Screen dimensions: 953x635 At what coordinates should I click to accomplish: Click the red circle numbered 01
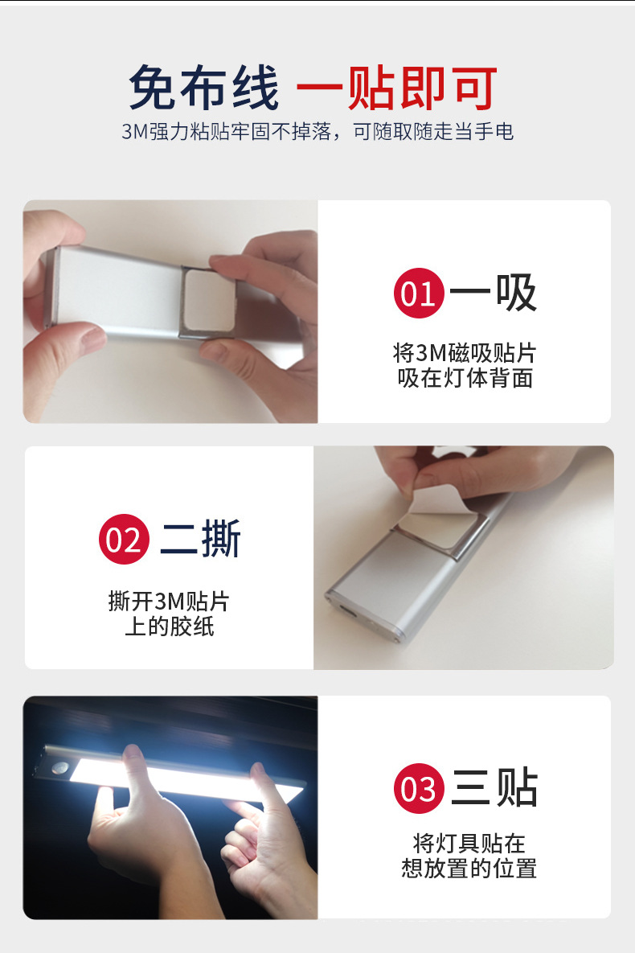pyautogui.click(x=418, y=294)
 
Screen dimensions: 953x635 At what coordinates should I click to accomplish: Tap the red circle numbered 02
pyautogui.click(x=124, y=540)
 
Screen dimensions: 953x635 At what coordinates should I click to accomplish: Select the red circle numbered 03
pyautogui.click(x=419, y=789)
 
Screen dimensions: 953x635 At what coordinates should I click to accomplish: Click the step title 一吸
pyautogui.click(x=493, y=293)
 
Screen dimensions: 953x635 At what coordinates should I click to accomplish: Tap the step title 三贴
pyautogui.click(x=494, y=787)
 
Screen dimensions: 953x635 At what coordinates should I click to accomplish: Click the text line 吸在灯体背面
pyautogui.click(x=465, y=377)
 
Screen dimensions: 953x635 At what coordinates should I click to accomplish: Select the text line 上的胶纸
pyautogui.click(x=170, y=626)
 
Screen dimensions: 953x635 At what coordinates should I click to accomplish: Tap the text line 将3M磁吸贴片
pyautogui.click(x=465, y=352)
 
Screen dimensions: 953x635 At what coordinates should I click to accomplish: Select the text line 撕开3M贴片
pyautogui.click(x=169, y=602)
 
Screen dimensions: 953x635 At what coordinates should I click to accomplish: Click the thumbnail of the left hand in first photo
pyautogui.click(x=92, y=338)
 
